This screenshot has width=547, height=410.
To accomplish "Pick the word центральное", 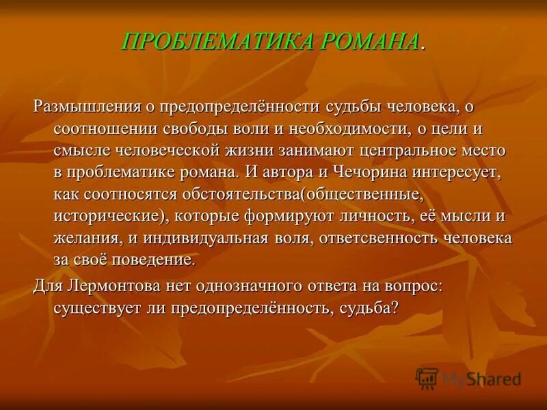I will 420,150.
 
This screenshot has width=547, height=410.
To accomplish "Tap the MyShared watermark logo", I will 468,379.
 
